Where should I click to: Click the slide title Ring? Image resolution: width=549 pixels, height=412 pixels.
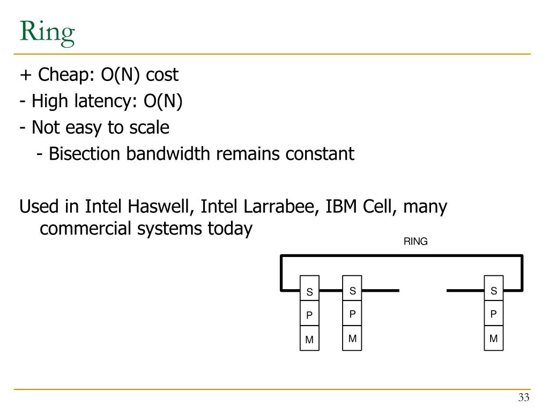[x=47, y=33]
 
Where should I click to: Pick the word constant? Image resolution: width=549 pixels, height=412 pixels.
[x=320, y=154]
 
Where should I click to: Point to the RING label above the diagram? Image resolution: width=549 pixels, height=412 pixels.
[x=416, y=241]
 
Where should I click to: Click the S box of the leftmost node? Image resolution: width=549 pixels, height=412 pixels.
[x=309, y=292]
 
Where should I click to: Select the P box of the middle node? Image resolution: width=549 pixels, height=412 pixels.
[x=352, y=314]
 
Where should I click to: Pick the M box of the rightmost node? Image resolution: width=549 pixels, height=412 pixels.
[x=494, y=339]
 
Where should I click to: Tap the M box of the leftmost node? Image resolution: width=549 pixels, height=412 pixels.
[x=309, y=340]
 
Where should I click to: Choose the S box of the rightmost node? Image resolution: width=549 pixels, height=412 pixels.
[x=494, y=291]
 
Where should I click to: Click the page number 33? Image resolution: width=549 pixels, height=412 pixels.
[x=523, y=398]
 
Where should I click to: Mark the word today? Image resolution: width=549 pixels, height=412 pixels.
[x=230, y=229]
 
